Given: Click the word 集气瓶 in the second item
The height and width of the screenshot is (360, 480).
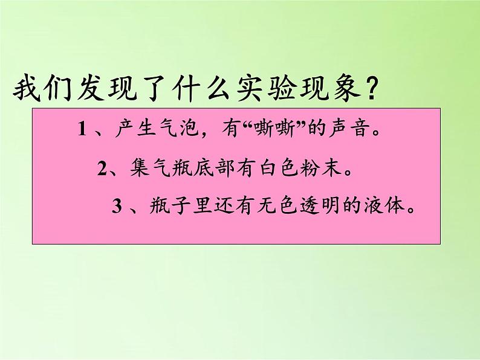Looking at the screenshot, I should (155, 169).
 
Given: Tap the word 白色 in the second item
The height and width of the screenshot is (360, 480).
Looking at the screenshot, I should (277, 169).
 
